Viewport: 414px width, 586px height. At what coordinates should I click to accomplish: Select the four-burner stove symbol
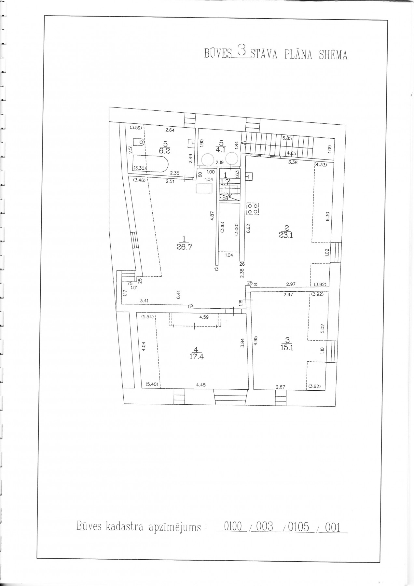(253, 209)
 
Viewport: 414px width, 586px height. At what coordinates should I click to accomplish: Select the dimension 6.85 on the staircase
(287, 138)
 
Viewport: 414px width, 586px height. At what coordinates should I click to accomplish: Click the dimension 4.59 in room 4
(204, 316)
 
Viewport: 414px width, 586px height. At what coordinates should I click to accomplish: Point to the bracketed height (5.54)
(147, 316)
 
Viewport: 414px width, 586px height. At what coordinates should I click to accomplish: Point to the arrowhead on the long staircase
(243, 142)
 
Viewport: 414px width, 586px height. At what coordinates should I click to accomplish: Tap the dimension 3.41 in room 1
(144, 301)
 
